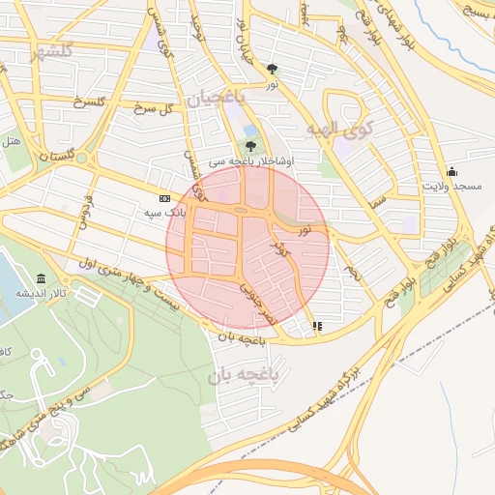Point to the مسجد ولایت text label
coord(451,185)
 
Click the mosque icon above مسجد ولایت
coord(451,171)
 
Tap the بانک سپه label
coord(164,212)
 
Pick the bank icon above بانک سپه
coord(164,198)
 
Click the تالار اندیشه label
coord(45,291)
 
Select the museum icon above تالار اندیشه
coord(40,277)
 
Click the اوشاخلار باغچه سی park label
coord(237,160)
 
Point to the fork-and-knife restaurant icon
coord(317,326)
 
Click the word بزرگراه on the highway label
coord(373,368)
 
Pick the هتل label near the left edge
coord(13,141)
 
